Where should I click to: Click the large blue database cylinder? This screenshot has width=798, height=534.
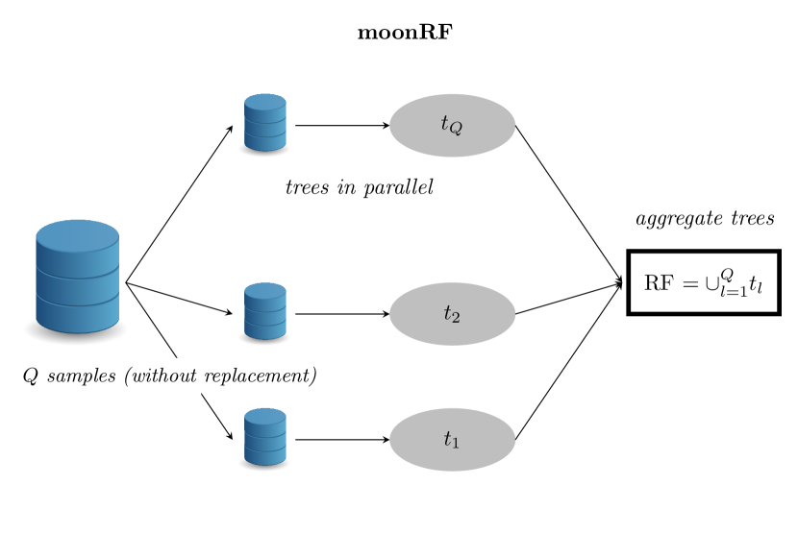click(77, 277)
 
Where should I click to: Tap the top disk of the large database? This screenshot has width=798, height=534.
click(77, 234)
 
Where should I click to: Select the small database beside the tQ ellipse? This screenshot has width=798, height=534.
click(264, 123)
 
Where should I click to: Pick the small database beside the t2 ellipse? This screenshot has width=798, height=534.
click(264, 311)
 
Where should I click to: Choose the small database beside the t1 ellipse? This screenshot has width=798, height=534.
click(264, 437)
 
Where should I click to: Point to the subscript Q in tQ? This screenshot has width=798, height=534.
click(456, 128)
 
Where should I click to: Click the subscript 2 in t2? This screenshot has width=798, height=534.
click(456, 317)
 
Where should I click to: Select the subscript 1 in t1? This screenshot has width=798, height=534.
click(456, 443)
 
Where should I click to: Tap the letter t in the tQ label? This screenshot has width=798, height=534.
click(444, 123)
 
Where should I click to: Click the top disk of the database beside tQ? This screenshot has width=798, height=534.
click(264, 101)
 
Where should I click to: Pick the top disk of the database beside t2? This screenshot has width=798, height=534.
click(264, 289)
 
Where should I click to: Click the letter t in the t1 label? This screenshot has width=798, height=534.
click(447, 439)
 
